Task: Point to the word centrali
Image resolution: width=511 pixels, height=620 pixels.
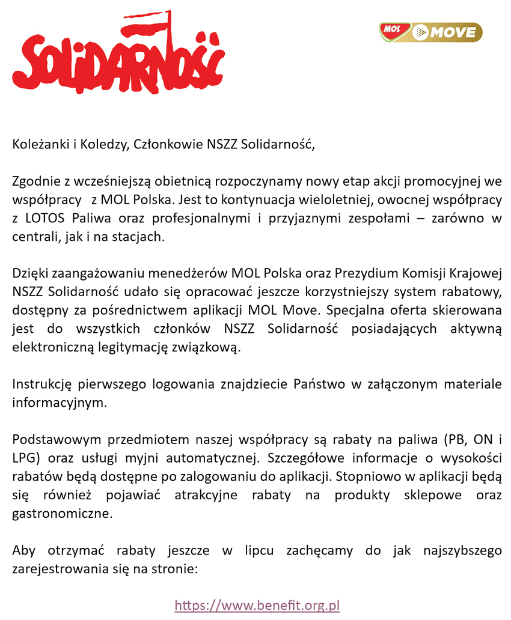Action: pos(34,236)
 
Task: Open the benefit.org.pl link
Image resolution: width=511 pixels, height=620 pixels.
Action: pos(257,605)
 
